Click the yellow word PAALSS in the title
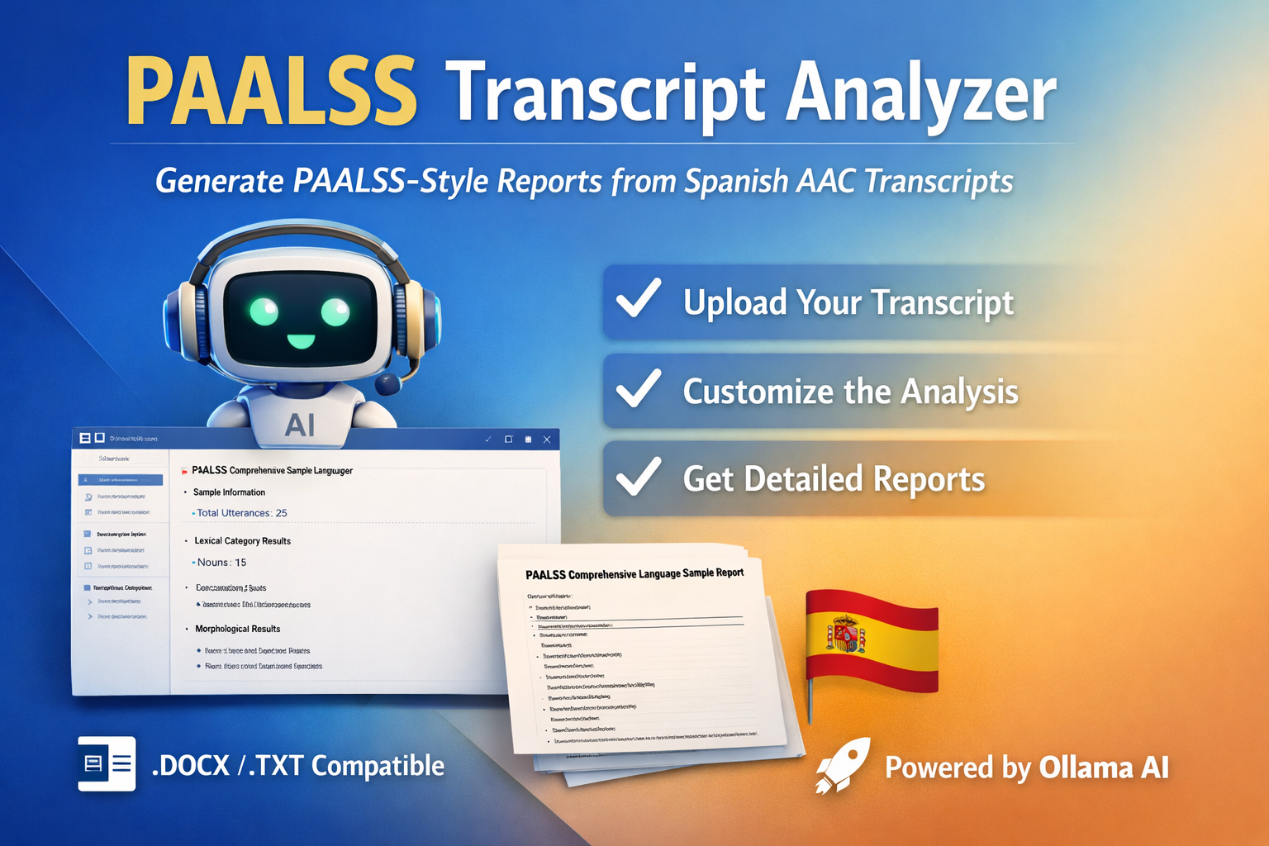[x=271, y=93]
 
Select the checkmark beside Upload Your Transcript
[x=639, y=299]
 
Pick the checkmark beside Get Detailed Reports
[x=639, y=477]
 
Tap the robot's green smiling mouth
[x=300, y=340]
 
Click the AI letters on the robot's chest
[x=299, y=425]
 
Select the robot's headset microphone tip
[x=387, y=383]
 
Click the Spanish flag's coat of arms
[x=844, y=635]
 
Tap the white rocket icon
[x=842, y=766]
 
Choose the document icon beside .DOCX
[x=107, y=763]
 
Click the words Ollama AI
[x=1104, y=768]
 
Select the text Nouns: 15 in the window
[x=221, y=563]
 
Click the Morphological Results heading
[x=238, y=629]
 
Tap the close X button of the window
[x=546, y=440]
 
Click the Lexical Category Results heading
[x=243, y=541]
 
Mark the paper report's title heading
[x=634, y=573]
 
